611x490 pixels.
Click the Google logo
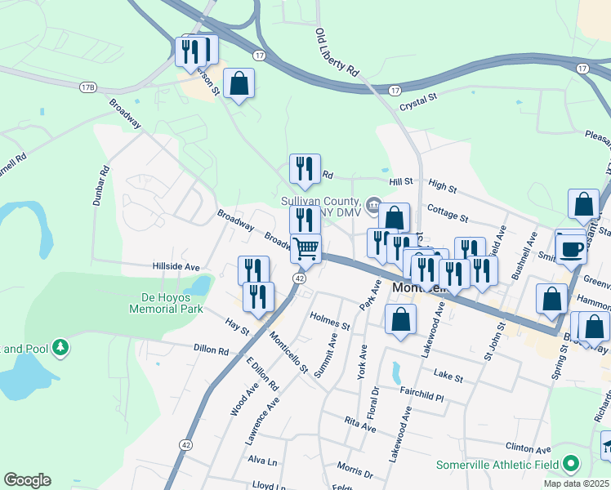(27, 480)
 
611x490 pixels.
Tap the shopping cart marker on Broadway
(306, 247)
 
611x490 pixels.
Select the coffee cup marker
(570, 247)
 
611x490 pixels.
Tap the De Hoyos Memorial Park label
(166, 304)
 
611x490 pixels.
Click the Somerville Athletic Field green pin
(571, 465)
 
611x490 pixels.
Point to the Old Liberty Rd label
(337, 53)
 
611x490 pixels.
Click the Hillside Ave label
(176, 267)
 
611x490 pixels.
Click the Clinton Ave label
(529, 448)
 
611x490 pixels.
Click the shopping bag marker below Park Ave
(400, 320)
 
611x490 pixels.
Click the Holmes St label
(330, 319)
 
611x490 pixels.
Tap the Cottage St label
(448, 214)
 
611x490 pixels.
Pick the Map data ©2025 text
(576, 483)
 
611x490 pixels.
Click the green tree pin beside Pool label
(60, 349)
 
